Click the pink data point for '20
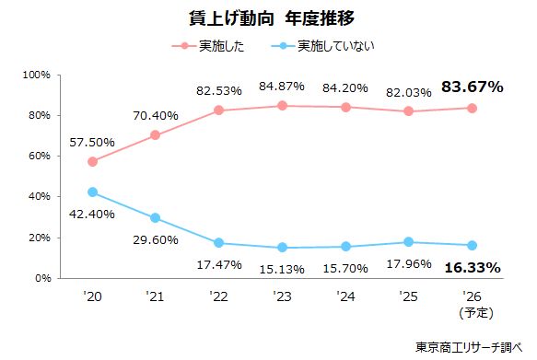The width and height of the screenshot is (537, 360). (92, 161)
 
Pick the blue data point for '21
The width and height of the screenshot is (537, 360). (155, 218)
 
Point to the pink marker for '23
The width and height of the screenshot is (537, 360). (281, 106)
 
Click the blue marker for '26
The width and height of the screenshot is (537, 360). (471, 246)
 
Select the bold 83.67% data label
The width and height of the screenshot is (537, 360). (472, 87)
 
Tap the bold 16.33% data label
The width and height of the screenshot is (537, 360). (472, 268)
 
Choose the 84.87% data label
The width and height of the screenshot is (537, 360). (282, 87)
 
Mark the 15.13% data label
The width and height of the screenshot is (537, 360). (282, 268)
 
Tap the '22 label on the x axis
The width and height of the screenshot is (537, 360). (217, 296)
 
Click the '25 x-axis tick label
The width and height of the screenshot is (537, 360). (408, 296)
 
